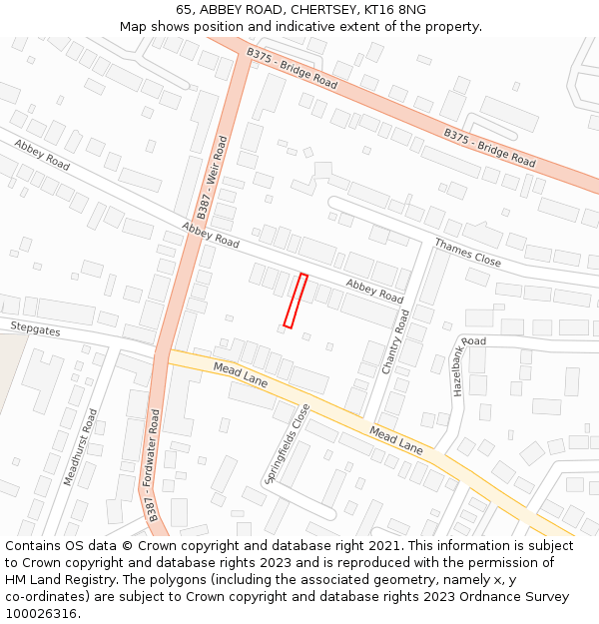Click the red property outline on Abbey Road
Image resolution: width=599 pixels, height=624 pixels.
pos(296,301)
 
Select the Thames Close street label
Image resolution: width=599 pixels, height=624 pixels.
pos(467,252)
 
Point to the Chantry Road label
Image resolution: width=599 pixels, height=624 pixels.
pos(395,341)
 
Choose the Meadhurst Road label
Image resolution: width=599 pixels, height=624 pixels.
pos(81,446)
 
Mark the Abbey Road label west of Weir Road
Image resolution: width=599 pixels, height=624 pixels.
pos(42,155)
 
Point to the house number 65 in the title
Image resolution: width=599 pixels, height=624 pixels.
pos(184,10)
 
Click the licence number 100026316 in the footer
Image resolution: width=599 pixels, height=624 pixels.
pos(43,613)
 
